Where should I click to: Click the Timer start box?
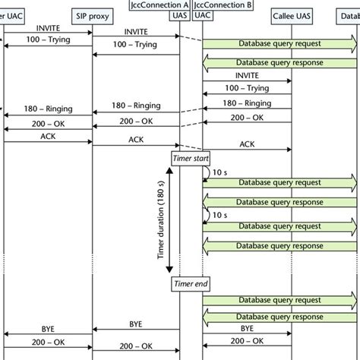coord(187,156)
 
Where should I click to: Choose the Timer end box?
coord(187,283)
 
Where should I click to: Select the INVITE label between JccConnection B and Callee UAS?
coord(247,76)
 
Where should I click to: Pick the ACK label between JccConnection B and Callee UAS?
coord(248,144)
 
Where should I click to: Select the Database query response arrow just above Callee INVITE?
coord(280,62)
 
